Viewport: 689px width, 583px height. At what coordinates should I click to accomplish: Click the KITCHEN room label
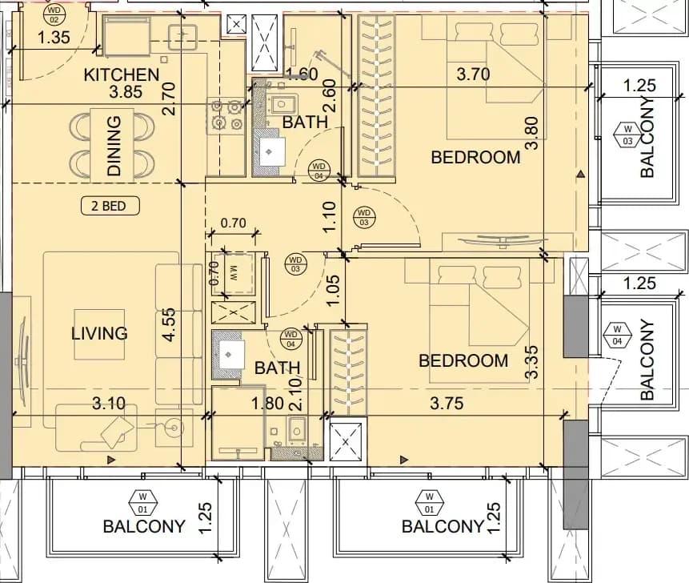(122, 74)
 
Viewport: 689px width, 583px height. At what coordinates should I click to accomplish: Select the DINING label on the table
(114, 146)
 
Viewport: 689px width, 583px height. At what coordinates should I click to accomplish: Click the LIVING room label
(99, 333)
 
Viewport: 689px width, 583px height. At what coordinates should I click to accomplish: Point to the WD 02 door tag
(54, 14)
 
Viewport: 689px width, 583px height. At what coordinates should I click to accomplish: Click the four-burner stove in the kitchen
(226, 116)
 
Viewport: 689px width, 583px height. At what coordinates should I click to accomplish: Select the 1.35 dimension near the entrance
(54, 38)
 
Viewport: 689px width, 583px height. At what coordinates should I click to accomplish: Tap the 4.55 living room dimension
(169, 324)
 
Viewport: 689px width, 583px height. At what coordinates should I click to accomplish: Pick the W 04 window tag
(617, 334)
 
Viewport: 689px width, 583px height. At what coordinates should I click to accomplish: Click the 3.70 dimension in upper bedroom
(473, 74)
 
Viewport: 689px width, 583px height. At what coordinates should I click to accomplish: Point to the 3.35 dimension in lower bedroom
(531, 362)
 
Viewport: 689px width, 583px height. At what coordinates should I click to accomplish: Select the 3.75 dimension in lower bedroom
(447, 403)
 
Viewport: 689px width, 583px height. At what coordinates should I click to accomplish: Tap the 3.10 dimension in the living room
(109, 403)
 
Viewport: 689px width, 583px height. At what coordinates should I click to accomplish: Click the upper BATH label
(305, 122)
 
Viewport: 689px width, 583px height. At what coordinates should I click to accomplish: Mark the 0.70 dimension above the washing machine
(233, 223)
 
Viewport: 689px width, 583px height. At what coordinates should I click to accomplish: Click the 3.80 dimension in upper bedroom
(531, 133)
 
